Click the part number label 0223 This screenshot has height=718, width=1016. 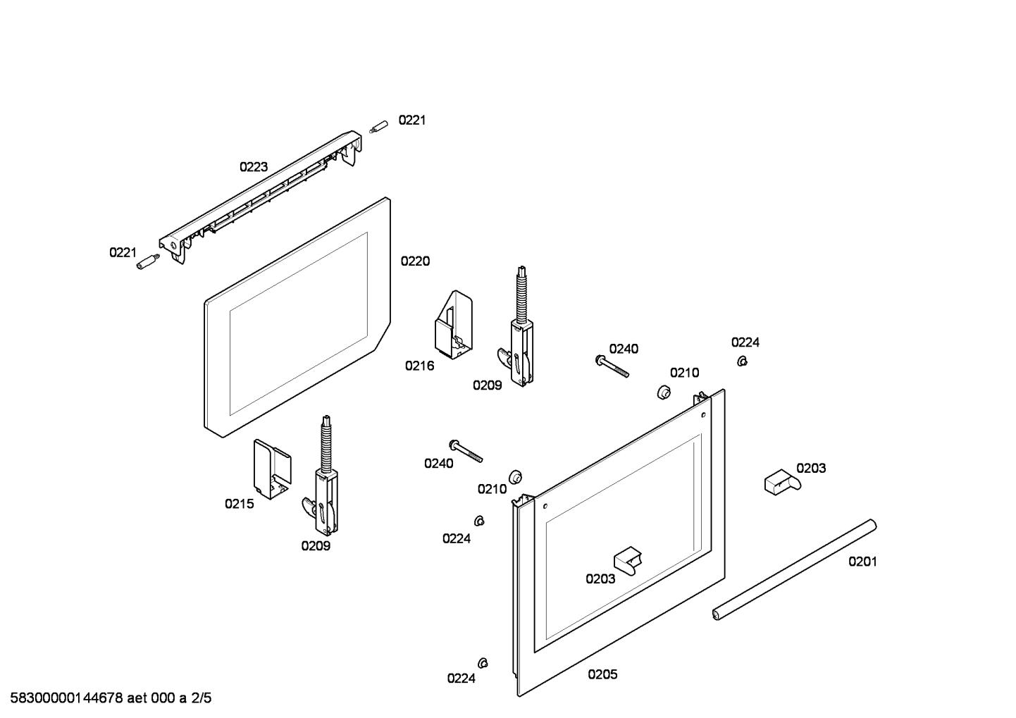253,167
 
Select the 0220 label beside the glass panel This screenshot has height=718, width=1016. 415,261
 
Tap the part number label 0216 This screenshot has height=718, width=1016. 419,366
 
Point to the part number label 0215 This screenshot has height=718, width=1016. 239,504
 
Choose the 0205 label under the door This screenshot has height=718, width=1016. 602,674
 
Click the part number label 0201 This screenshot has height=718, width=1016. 862,562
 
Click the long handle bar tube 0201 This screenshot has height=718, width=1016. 794,570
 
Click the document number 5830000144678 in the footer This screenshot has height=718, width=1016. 63,699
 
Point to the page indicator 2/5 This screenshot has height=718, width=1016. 202,699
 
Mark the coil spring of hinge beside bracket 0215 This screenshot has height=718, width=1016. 326,444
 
